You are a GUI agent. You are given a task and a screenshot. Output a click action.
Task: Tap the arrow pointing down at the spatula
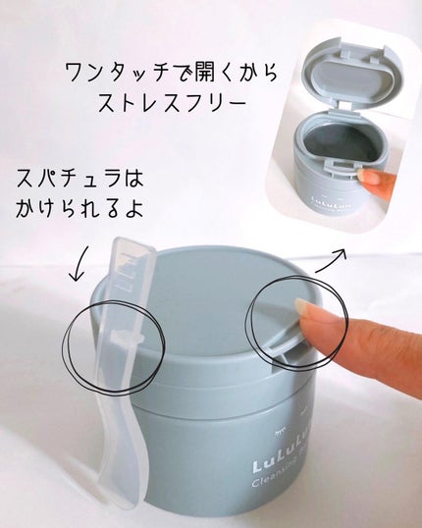pos(79,264)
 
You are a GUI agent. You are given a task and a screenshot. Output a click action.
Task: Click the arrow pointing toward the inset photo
pos(331,260)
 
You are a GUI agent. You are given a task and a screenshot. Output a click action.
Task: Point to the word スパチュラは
pos(79,179)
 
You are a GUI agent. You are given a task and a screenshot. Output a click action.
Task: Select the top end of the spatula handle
pos(133,243)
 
